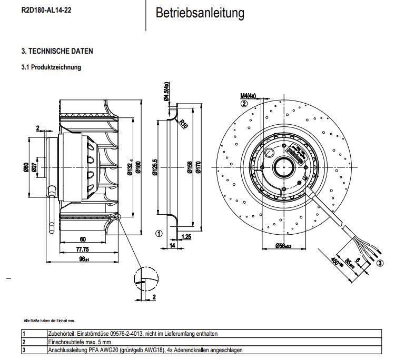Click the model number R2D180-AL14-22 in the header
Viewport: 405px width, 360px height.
click(x=46, y=9)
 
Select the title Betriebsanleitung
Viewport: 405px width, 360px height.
click(x=200, y=13)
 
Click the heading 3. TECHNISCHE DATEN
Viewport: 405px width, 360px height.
click(x=57, y=51)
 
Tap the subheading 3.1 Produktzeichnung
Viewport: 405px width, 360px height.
click(x=51, y=67)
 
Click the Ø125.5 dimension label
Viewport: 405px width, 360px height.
click(x=155, y=169)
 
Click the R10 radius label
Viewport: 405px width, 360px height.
click(x=183, y=124)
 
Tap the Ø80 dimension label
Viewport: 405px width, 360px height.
click(x=25, y=168)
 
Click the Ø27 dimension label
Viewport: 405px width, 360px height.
click(x=34, y=168)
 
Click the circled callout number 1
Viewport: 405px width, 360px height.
click(x=158, y=233)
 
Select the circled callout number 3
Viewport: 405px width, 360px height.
click(x=380, y=263)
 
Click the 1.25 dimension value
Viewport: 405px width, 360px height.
click(x=186, y=236)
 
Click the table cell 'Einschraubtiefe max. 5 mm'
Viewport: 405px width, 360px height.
click(x=78, y=342)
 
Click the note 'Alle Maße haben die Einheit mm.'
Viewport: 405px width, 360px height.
click(x=50, y=321)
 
